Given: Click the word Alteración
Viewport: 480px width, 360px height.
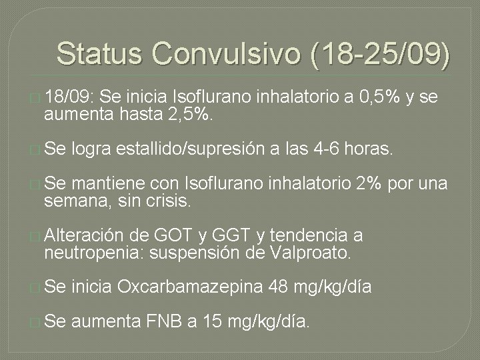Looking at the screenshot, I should coord(83,235).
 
